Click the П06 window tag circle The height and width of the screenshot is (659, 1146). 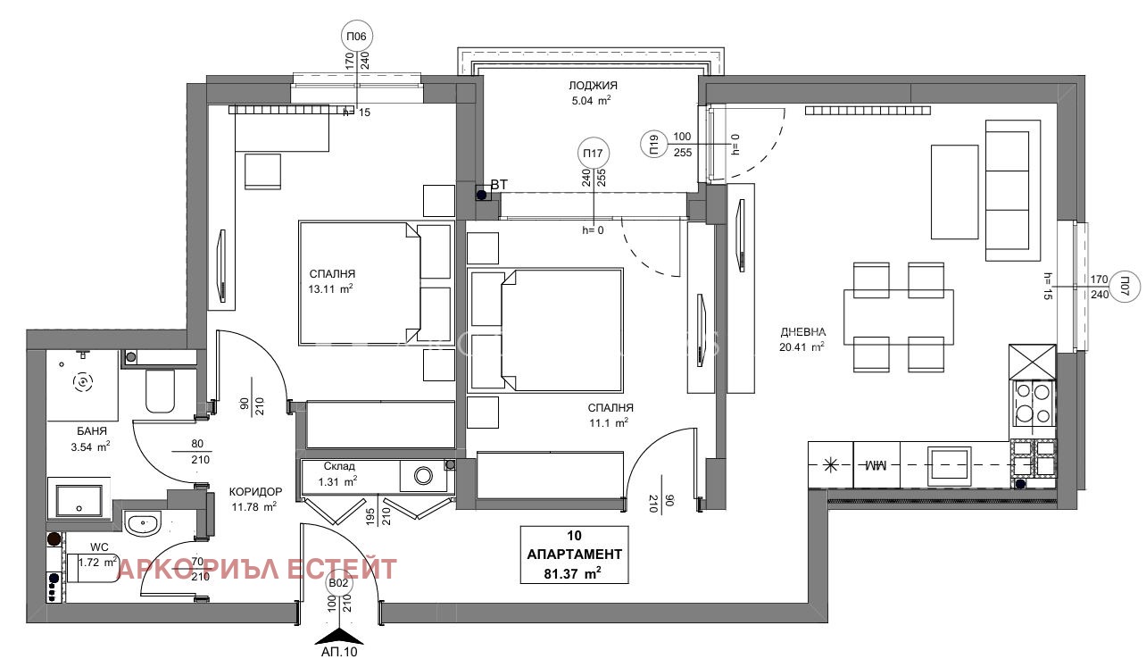pyautogui.click(x=357, y=37)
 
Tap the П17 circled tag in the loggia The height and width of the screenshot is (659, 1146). pyautogui.click(x=593, y=153)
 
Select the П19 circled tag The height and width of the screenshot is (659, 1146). pyautogui.click(x=654, y=144)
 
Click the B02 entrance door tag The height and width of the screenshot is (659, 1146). pyautogui.click(x=338, y=583)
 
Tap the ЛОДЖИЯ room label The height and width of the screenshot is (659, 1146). pyautogui.click(x=593, y=86)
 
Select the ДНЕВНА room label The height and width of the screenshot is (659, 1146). pyautogui.click(x=803, y=332)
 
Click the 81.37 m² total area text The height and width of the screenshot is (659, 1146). pyautogui.click(x=572, y=574)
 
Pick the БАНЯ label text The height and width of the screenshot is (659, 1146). pyautogui.click(x=92, y=431)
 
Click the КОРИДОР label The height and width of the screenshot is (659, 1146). pyautogui.click(x=255, y=492)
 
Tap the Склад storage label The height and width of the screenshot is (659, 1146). pyautogui.click(x=339, y=466)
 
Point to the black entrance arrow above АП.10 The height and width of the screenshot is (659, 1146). pyautogui.click(x=339, y=636)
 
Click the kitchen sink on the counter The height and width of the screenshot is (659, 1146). pyautogui.click(x=950, y=464)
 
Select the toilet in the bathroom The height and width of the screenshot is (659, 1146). pyautogui.click(x=160, y=390)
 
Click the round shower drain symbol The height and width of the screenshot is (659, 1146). pyautogui.click(x=83, y=381)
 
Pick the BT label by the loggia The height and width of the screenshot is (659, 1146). pyautogui.click(x=499, y=185)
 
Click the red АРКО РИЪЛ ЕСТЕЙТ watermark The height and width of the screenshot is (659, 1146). pyautogui.click(x=257, y=569)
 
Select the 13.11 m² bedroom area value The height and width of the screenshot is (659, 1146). pyautogui.click(x=330, y=288)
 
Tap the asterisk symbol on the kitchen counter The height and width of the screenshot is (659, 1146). pyautogui.click(x=830, y=465)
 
